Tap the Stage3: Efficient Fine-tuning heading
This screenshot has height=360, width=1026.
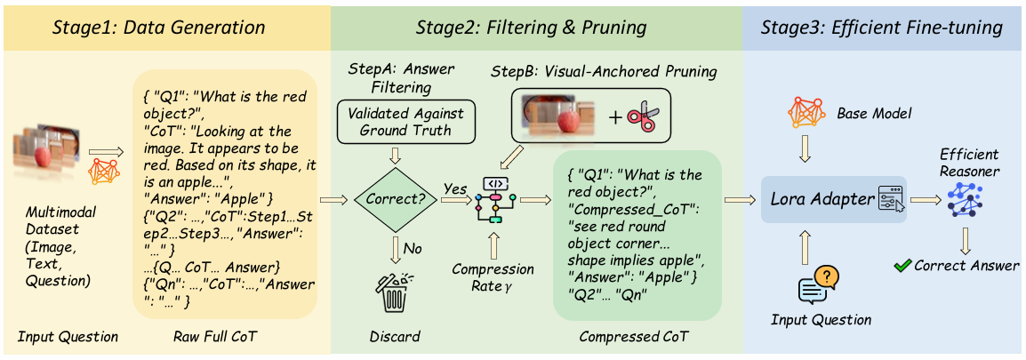(x=884, y=28)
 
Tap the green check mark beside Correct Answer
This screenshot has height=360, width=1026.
(x=902, y=266)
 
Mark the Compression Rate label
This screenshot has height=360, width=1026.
(x=493, y=276)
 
